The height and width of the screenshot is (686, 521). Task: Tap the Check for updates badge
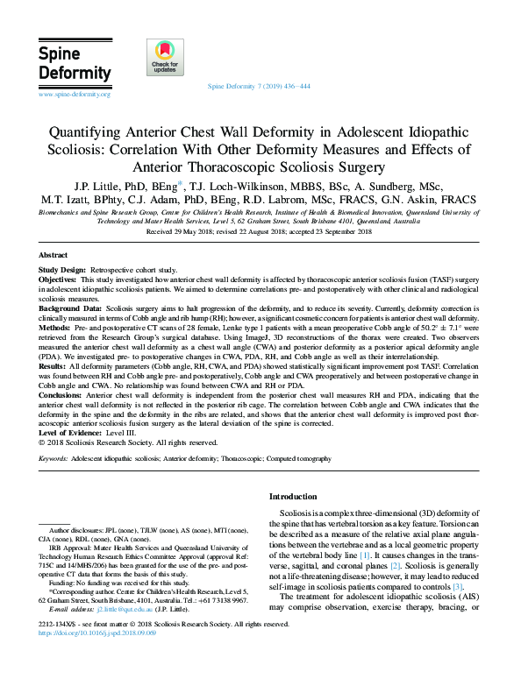click(165, 58)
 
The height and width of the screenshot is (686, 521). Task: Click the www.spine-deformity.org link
click(75, 94)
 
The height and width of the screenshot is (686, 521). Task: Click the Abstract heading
click(54, 254)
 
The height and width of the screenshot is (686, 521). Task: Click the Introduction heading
click(295, 497)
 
